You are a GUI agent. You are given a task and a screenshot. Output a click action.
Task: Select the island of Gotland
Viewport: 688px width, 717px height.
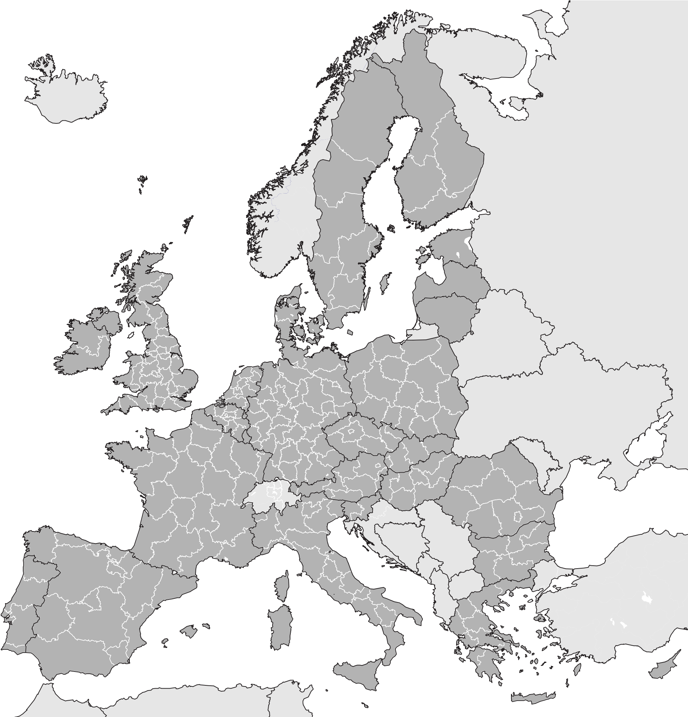tap(384, 282)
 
